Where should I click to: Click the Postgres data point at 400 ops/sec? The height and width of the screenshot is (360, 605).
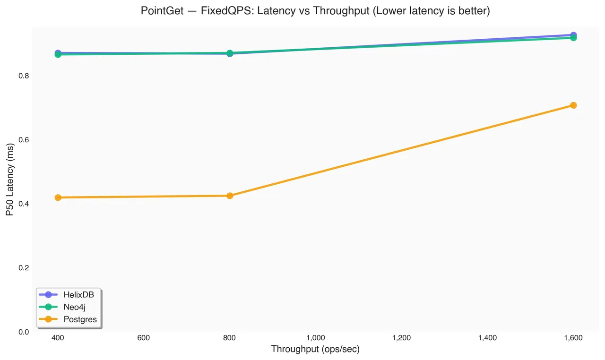coord(58,197)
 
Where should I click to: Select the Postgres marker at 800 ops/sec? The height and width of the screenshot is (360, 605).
coord(230,196)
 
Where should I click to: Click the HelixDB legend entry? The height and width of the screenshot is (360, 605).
coord(67,294)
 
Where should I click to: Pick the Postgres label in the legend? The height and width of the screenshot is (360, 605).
coord(80,319)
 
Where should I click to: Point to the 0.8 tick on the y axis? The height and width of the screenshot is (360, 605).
coord(24,76)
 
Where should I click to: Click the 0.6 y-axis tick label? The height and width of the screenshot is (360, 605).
coord(24,140)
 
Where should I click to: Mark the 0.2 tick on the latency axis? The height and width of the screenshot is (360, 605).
coord(24,268)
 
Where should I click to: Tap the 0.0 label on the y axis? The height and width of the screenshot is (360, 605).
coord(24,332)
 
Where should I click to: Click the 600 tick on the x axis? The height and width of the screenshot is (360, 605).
coord(143,338)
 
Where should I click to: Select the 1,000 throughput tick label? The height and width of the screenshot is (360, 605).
coord(315,338)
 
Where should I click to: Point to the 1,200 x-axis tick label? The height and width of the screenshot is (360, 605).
coord(401,338)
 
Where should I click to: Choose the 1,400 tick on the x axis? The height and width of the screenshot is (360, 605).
coord(487,338)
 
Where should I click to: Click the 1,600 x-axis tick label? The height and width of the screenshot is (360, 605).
coord(573,338)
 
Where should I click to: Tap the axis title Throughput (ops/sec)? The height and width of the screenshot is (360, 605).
coord(315,349)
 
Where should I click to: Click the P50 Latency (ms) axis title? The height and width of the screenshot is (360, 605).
coord(10,180)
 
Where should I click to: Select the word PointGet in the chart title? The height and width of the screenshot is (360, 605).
coord(162,11)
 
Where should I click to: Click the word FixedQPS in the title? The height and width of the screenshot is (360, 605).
coord(227,11)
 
